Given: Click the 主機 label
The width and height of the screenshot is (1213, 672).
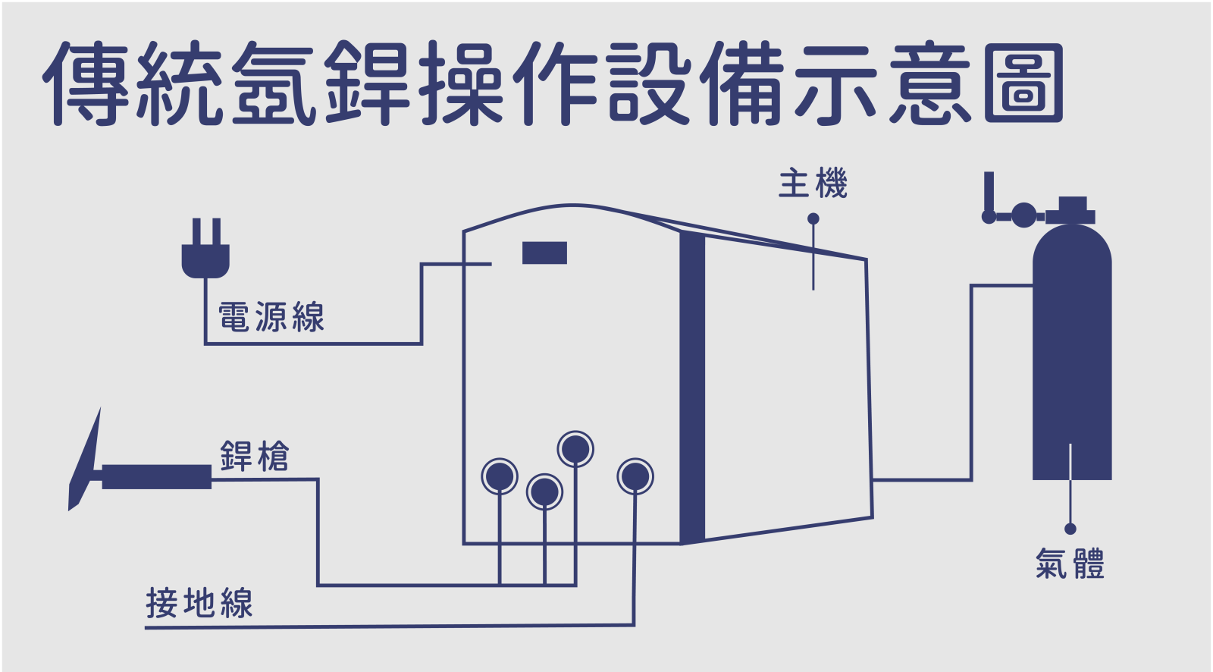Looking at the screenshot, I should click(813, 184).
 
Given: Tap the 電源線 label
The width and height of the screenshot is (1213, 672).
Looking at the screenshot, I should click(271, 317).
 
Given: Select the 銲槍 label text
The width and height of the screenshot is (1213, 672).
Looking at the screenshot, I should click(255, 457).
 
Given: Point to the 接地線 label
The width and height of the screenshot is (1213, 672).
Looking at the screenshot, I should click(199, 604).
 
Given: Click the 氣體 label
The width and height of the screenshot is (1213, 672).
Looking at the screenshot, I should click(1070, 564).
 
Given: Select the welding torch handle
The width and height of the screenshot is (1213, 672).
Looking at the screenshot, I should click(156, 477).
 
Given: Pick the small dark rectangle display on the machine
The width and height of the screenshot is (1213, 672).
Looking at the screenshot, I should click(544, 253).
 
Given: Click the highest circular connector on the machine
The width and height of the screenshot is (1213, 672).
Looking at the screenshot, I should click(575, 449).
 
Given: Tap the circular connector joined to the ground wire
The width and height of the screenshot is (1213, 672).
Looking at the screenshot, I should click(635, 477).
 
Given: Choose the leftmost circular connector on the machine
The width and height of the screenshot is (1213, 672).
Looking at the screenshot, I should click(500, 477).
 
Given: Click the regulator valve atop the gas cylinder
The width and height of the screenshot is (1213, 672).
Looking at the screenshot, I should click(1023, 215).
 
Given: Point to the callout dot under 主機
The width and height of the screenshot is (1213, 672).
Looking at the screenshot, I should click(813, 218).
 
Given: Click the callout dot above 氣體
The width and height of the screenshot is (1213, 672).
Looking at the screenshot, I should click(1070, 529).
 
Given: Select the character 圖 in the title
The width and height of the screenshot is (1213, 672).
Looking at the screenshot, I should click(1023, 83).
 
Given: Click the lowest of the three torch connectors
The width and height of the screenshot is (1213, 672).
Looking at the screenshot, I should click(544, 492).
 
